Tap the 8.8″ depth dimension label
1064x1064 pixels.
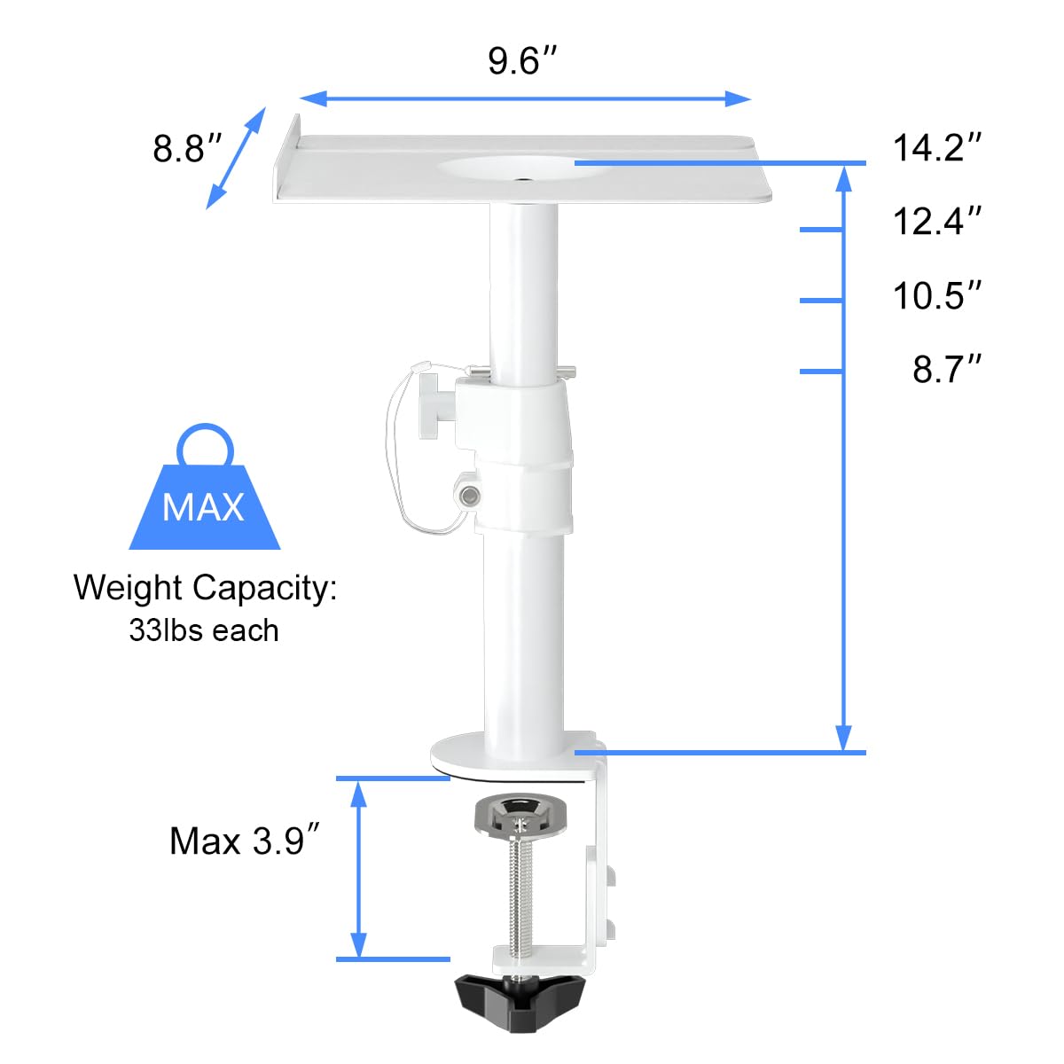tap(186, 148)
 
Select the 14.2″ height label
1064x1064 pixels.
tap(937, 147)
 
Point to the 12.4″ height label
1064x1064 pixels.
tap(937, 221)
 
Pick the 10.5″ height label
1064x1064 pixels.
tap(937, 295)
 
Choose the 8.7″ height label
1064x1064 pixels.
tap(947, 369)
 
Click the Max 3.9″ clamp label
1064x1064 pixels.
tap(244, 841)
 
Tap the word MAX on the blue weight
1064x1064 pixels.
tap(203, 507)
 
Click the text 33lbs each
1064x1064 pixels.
tap(204, 630)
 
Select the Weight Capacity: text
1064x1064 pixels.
tap(205, 588)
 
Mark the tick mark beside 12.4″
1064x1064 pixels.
tap(820, 230)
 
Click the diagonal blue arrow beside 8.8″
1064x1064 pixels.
tap(236, 159)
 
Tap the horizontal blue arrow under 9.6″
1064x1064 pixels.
tap(525, 98)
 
